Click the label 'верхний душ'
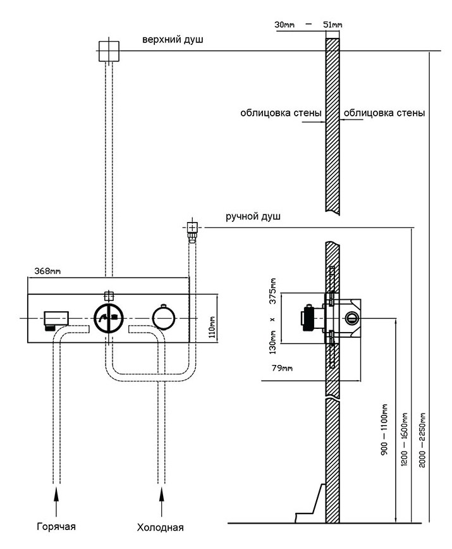click(172, 40)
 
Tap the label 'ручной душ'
click(253, 216)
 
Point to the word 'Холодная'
click(161, 527)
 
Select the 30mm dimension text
click(285, 25)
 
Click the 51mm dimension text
click(332, 25)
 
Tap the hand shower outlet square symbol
click(192, 226)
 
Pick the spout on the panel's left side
click(56, 319)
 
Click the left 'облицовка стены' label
click(281, 113)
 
